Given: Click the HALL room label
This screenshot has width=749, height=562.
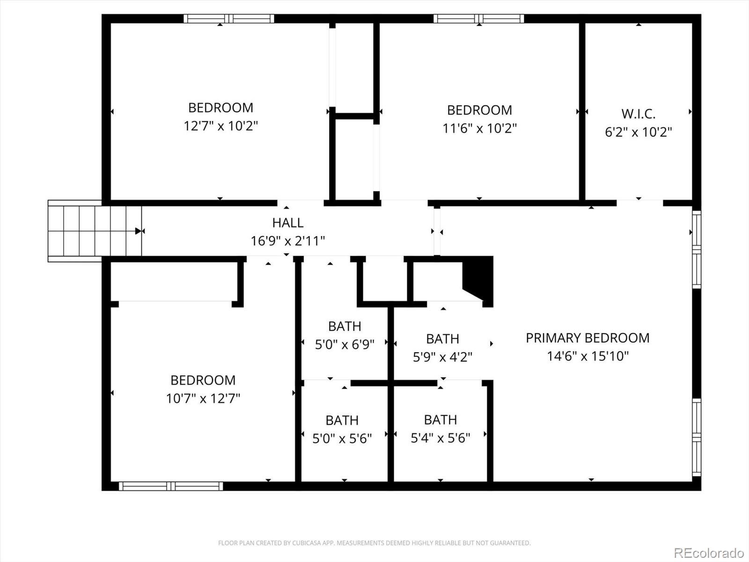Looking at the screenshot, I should point(287,222).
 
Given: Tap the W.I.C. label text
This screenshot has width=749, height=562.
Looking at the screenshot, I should point(638,114).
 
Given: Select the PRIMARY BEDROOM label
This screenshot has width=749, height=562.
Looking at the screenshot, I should point(587,338).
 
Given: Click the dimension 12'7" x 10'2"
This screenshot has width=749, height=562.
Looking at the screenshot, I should point(220,126).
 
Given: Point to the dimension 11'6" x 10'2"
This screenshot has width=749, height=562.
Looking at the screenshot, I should point(479,128).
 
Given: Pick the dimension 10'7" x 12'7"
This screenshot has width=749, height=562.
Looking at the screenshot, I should point(203,398).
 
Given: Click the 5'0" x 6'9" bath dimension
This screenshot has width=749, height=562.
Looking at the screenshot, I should point(345,345).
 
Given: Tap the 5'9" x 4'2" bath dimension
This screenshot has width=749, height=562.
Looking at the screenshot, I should point(442,357).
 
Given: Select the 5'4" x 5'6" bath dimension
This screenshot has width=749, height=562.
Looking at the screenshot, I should point(440,438).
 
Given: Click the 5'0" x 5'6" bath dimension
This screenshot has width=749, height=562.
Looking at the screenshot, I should point(342,438).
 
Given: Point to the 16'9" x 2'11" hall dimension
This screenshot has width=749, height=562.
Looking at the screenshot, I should point(287,241).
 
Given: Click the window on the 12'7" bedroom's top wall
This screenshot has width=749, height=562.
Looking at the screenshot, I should point(228,19).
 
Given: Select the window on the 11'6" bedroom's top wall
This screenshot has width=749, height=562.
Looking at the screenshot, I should point(478,19).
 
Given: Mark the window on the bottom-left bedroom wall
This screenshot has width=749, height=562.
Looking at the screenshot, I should point(171,486).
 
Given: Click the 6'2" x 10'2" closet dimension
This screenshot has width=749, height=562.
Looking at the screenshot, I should point(638,132).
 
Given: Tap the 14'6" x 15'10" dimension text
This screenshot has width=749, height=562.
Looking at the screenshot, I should point(587,356).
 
